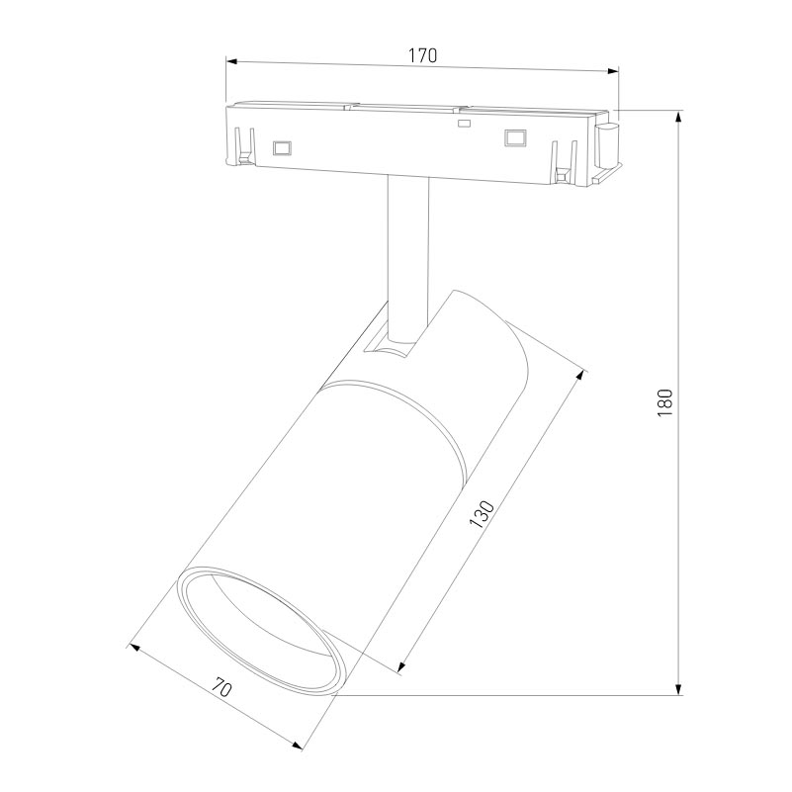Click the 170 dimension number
[x=422, y=55]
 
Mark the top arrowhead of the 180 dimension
[x=678, y=118]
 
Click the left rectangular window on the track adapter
[x=282, y=148]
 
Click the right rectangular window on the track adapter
[x=513, y=137]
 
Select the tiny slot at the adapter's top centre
[x=461, y=124]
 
